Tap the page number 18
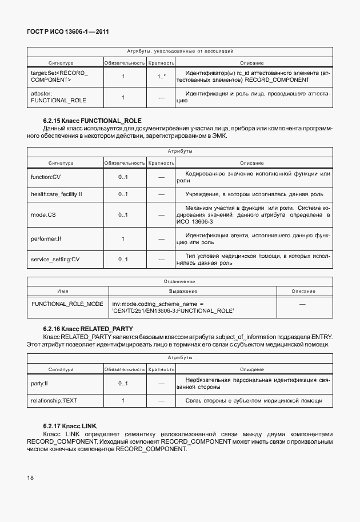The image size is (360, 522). coord(31,476)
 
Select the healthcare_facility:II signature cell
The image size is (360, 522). coord(57,194)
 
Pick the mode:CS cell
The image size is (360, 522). coord(43,215)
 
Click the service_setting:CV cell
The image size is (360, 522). coord(55,259)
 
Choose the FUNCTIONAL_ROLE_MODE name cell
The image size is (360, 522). coord(67,304)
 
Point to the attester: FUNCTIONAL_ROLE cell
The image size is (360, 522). coord(57,97)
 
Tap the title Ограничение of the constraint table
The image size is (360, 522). coord(179,281)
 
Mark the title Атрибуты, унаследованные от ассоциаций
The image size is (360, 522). coord(179,51)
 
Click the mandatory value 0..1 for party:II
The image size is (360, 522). coord(123,383)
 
